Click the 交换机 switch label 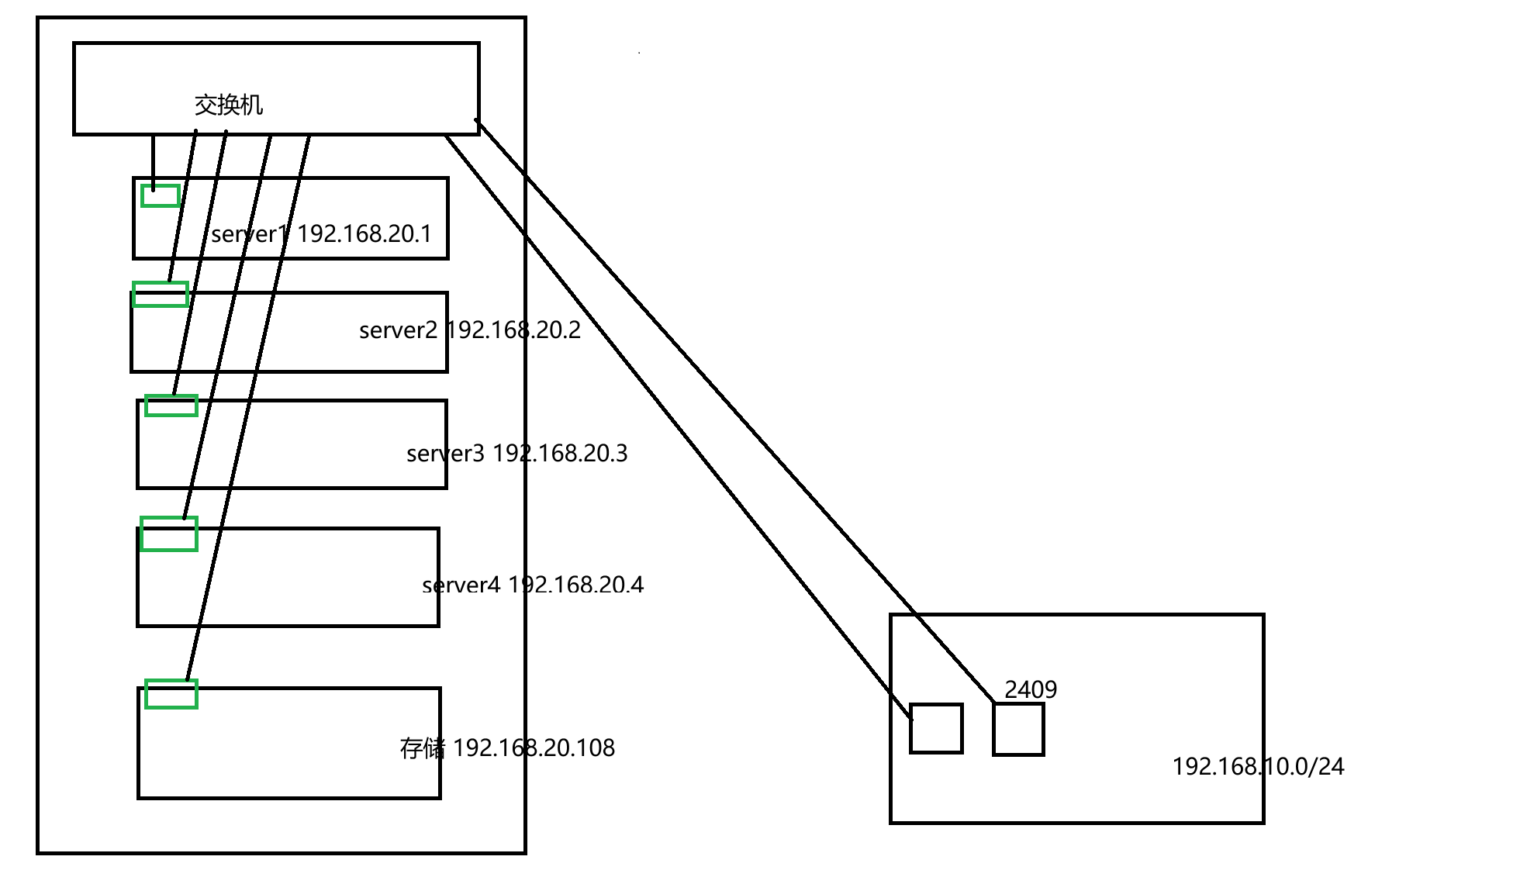pyautogui.click(x=229, y=105)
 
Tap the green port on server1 pyautogui.click(x=161, y=195)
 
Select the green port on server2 pyautogui.click(x=161, y=294)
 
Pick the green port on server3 pyautogui.click(x=171, y=405)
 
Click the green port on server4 pyautogui.click(x=169, y=534)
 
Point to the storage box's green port pyautogui.click(x=171, y=693)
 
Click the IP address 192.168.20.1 pyautogui.click(x=364, y=233)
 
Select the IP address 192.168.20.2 pyautogui.click(x=513, y=330)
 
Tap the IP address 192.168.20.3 pyautogui.click(x=560, y=454)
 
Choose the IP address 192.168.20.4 pyautogui.click(x=575, y=585)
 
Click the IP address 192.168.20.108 pyautogui.click(x=534, y=748)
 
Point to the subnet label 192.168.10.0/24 pyautogui.click(x=1258, y=767)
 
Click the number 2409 pyautogui.click(x=1031, y=689)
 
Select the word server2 pyautogui.click(x=398, y=331)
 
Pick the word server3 pyautogui.click(x=445, y=454)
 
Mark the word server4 pyautogui.click(x=461, y=585)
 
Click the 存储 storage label pyautogui.click(x=423, y=748)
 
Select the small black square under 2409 pyautogui.click(x=1018, y=729)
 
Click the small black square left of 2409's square pyautogui.click(x=936, y=728)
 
